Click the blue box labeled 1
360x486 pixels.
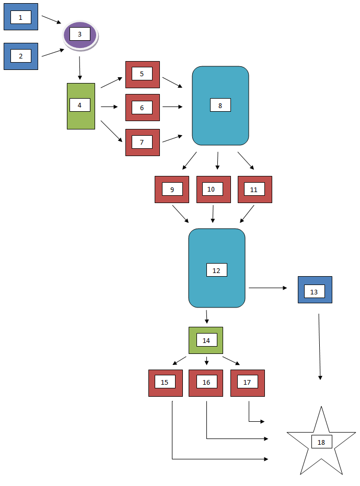[x=21, y=17]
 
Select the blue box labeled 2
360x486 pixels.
[x=21, y=56]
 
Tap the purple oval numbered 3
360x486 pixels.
[x=80, y=35]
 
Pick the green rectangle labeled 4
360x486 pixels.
[x=80, y=106]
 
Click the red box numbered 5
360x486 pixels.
[x=142, y=74]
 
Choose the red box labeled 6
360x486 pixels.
[x=142, y=108]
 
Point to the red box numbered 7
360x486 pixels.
[x=142, y=142]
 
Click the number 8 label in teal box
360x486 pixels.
[x=220, y=105]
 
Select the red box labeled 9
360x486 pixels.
[x=172, y=189]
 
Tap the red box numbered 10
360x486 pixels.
[x=213, y=189]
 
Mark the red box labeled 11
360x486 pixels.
[x=254, y=189]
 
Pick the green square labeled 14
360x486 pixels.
[x=206, y=340]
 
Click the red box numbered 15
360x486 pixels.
[x=165, y=383]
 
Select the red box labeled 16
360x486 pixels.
[x=206, y=383]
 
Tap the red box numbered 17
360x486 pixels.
[x=247, y=383]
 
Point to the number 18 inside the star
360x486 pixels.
[x=321, y=442]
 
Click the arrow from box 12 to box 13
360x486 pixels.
[x=268, y=288]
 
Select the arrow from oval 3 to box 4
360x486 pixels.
[x=79, y=67]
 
